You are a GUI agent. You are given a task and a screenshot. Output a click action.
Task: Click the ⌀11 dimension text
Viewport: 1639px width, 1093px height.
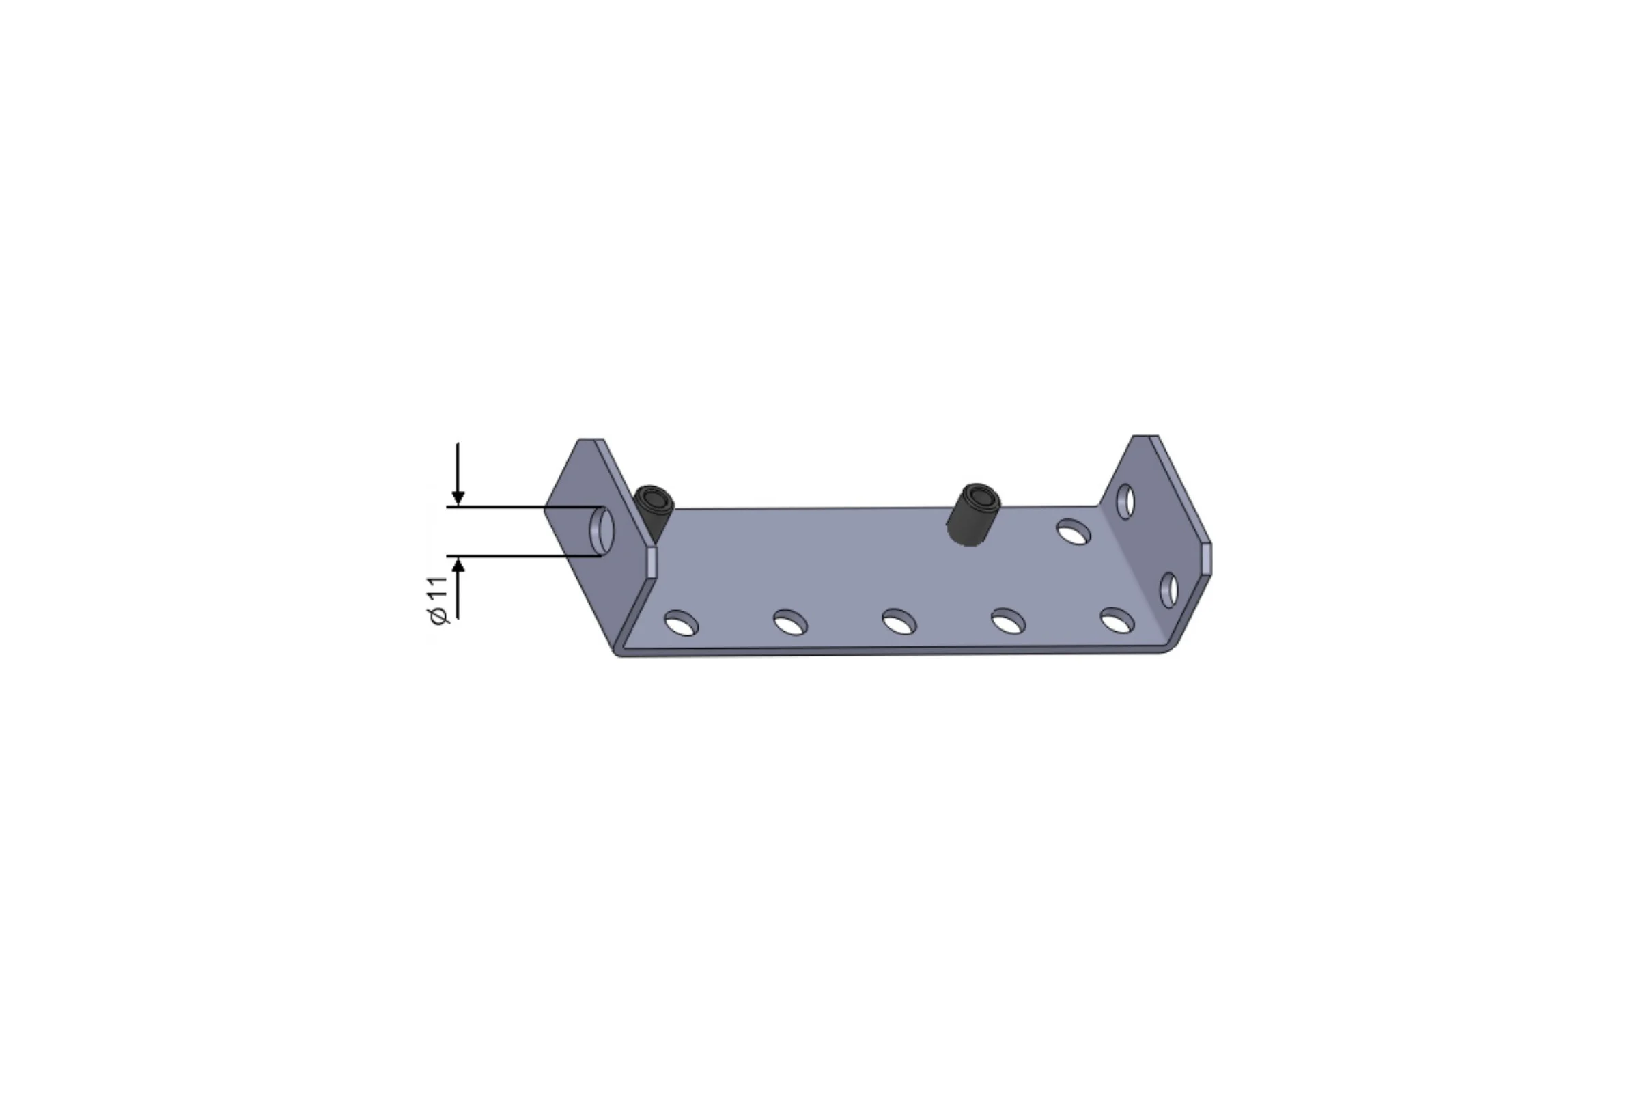point(438,600)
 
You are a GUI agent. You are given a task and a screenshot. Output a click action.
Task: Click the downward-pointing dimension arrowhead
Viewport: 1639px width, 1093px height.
point(458,498)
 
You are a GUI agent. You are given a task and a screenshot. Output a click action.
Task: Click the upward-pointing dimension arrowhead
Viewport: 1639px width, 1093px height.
point(458,565)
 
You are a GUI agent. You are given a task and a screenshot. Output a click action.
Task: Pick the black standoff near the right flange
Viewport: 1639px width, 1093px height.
point(972,514)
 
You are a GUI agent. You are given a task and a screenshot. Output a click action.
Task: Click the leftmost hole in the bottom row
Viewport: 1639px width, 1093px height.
point(681,622)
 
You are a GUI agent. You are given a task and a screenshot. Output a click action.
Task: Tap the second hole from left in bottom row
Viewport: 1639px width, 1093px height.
point(790,622)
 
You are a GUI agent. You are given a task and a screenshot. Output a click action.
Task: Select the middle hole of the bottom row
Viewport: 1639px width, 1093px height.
point(899,622)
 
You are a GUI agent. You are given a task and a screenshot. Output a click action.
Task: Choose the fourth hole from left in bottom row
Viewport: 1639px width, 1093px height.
point(1008,620)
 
